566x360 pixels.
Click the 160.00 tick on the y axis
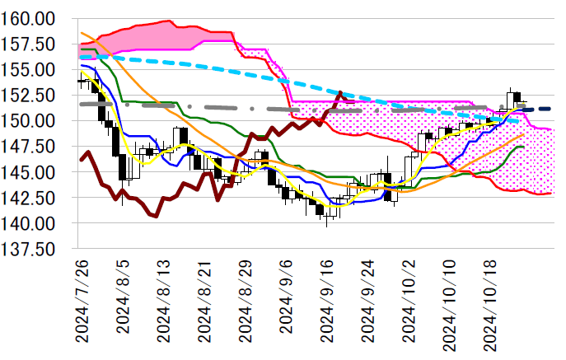[x=30, y=17]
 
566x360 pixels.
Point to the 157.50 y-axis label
[x=30, y=43]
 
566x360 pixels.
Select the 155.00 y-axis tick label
[x=30, y=69]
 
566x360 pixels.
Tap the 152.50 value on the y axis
[x=30, y=95]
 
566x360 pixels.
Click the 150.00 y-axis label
[x=30, y=120]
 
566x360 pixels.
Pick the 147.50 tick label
[x=30, y=146]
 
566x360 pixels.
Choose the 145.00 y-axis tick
[x=30, y=171]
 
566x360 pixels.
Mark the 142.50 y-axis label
[x=30, y=198]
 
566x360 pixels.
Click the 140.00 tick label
[x=30, y=223]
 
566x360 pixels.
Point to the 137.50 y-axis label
[x=30, y=249]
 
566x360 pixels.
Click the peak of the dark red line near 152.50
[x=340, y=93]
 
